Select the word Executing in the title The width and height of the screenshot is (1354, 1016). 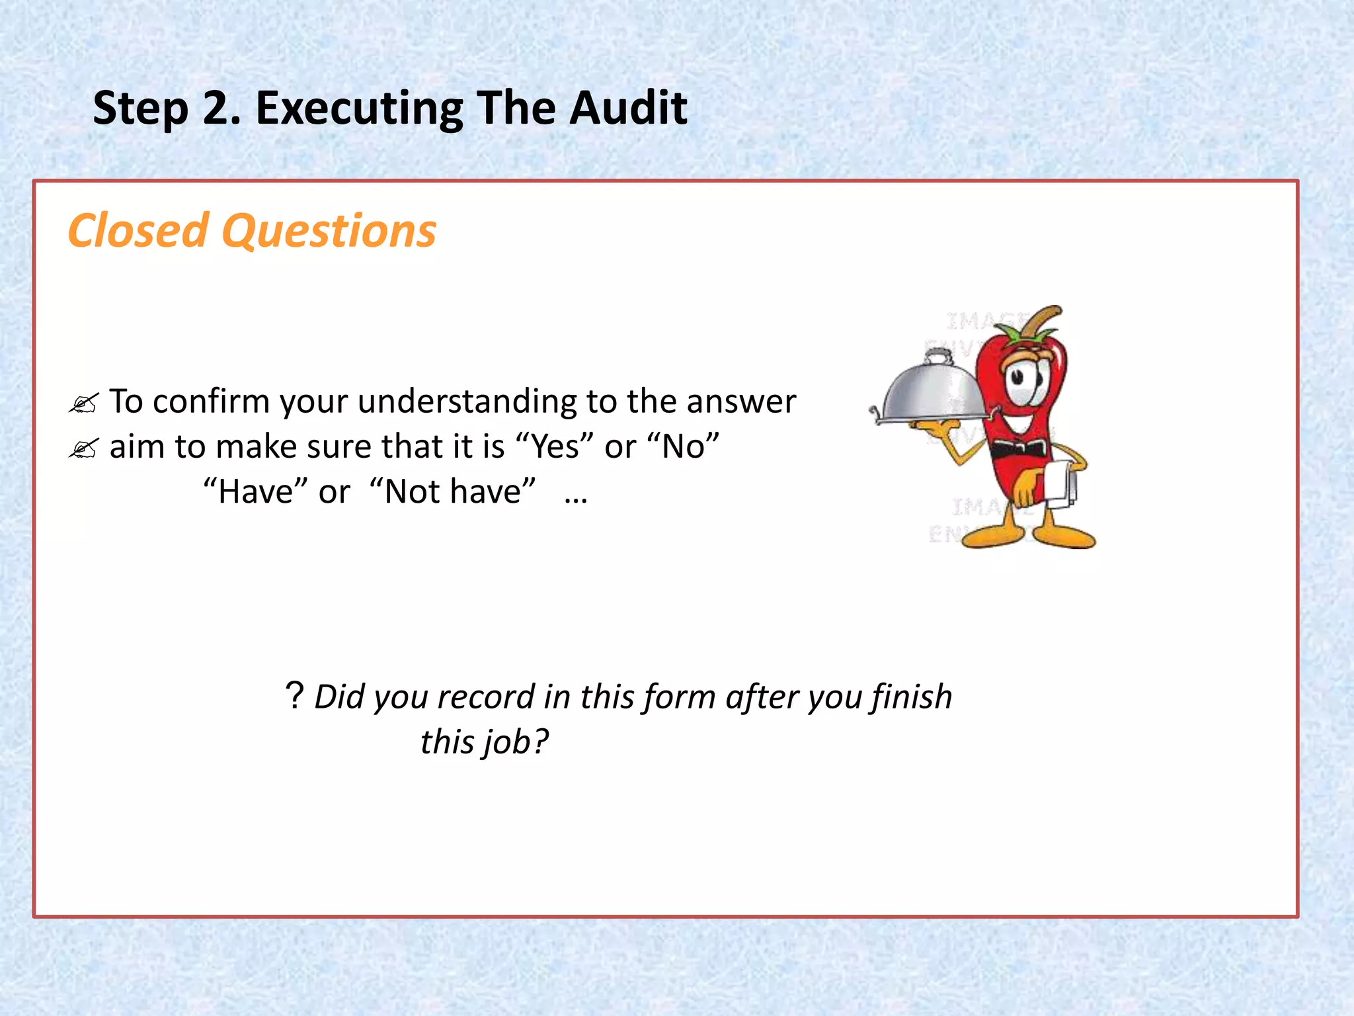pyautogui.click(x=359, y=109)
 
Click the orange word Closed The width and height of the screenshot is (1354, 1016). pyautogui.click(x=138, y=231)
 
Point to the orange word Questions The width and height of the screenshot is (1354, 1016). pyautogui.click(x=329, y=232)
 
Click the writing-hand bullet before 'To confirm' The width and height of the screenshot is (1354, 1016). pyautogui.click(x=83, y=403)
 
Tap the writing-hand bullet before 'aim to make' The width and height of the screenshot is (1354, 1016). pyautogui.click(x=83, y=448)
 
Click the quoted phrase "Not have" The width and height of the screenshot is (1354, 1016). pyautogui.click(x=453, y=491)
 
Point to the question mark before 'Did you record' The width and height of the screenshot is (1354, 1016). pyautogui.click(x=294, y=696)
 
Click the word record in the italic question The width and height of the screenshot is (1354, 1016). pyautogui.click(x=485, y=697)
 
